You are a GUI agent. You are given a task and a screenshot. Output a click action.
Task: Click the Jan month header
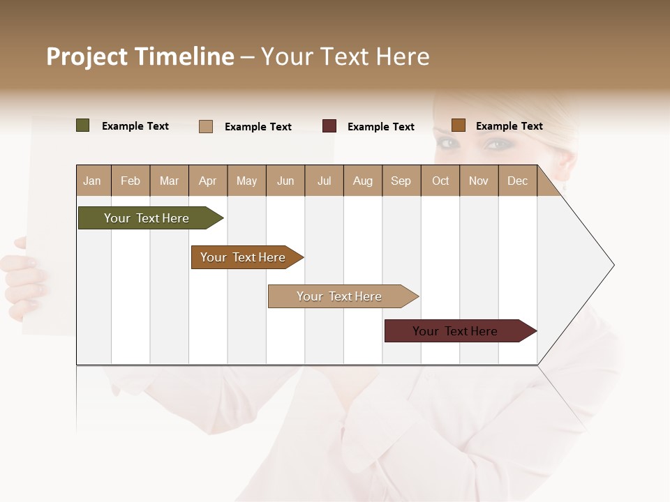coord(93,181)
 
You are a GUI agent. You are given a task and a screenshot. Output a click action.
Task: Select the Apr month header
coord(208,181)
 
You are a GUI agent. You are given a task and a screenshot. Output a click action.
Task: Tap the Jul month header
coord(325,181)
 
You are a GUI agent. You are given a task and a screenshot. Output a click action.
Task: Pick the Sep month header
coord(401,181)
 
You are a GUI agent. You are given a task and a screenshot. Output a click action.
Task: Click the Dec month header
coord(518,181)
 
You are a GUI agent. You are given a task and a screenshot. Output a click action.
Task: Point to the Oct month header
coord(440,181)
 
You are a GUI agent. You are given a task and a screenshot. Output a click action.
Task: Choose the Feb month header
coord(131,181)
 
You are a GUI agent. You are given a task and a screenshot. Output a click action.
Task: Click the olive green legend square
coord(83,125)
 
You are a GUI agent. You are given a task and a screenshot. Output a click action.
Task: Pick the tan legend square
coord(206,126)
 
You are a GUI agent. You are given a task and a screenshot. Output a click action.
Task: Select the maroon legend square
coord(329,126)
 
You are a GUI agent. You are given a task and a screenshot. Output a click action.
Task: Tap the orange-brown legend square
coord(459,125)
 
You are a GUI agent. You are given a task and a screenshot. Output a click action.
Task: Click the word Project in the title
coord(87,56)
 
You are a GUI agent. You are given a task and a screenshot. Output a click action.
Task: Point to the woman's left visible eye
coord(447,144)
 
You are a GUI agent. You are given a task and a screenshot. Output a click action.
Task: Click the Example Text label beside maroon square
coord(381,127)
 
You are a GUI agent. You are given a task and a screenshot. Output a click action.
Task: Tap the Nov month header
coord(479,181)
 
